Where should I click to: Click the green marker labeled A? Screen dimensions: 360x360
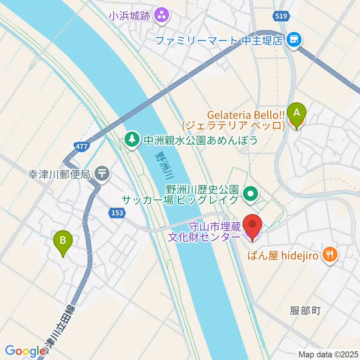pos(296,113)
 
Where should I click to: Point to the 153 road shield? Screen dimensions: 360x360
pos(117,213)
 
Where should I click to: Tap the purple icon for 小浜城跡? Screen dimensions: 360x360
pos(162,15)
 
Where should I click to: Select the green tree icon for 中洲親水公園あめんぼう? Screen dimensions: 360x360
pos(132,140)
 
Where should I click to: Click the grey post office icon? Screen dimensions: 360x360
pos(102,174)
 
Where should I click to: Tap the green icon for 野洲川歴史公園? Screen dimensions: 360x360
pos(251,193)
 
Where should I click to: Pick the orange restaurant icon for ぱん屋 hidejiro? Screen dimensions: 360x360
pos(330,256)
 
